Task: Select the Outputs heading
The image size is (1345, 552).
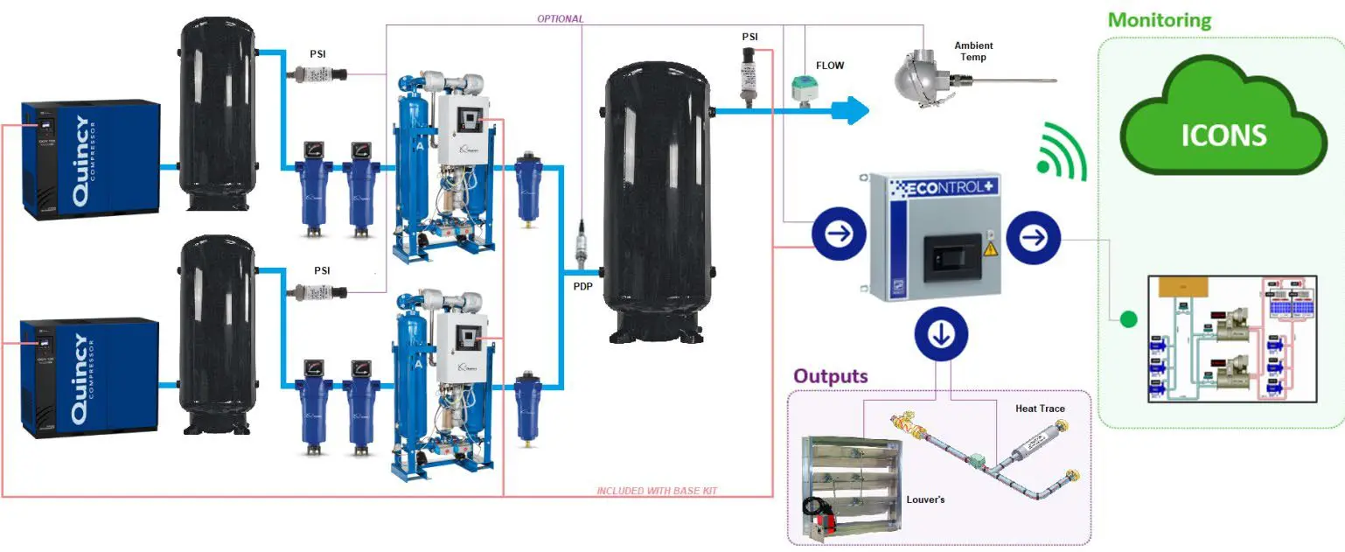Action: click(830, 376)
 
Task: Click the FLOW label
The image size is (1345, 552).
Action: click(830, 65)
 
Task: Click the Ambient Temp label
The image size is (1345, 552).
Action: click(973, 52)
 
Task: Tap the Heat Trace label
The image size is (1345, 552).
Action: click(1040, 409)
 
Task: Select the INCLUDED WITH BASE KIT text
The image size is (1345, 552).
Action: click(657, 491)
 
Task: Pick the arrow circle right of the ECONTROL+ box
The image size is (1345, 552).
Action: click(1033, 236)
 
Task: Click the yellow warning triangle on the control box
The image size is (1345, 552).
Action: click(991, 250)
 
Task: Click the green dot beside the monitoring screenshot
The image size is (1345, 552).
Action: click(1128, 320)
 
